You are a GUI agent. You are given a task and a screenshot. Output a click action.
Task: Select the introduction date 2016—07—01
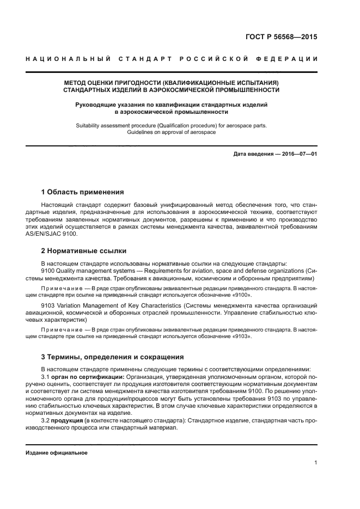pyautogui.click(x=299, y=154)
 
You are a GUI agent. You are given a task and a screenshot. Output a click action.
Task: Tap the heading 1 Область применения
pyautogui.click(x=82, y=192)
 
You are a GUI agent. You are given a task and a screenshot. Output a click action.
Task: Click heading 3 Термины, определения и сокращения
pyautogui.click(x=112, y=357)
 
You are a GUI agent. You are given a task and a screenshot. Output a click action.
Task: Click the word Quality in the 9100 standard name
pyautogui.click(x=69, y=271)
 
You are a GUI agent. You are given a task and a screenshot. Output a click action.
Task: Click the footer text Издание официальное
pyautogui.click(x=56, y=453)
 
